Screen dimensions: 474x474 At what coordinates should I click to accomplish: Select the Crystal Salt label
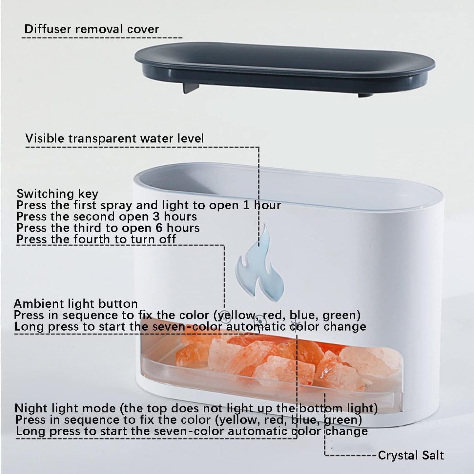click(411, 455)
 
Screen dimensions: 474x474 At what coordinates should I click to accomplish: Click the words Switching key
click(57, 194)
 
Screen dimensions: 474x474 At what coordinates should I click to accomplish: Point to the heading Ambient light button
click(76, 303)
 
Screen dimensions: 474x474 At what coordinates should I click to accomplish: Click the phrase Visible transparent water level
click(114, 138)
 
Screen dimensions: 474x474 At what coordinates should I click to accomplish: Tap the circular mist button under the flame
click(260, 320)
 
